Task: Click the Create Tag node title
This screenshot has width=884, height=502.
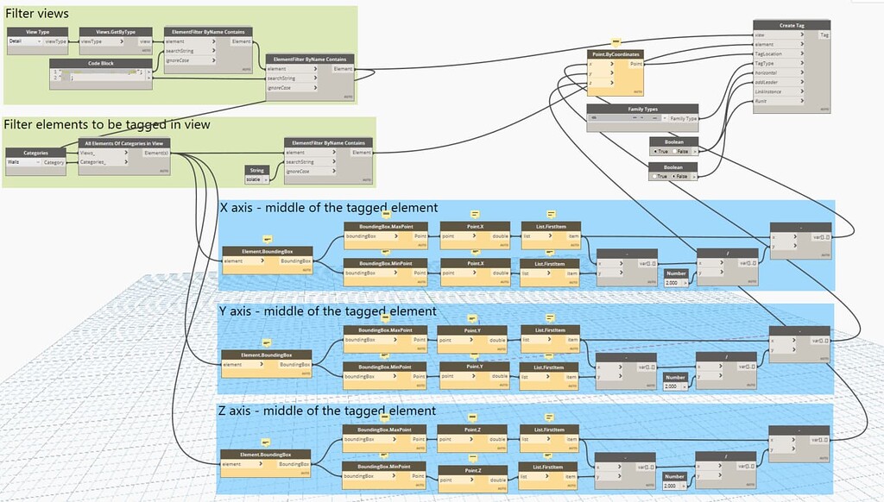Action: coord(786,25)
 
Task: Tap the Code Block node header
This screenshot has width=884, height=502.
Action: coord(100,63)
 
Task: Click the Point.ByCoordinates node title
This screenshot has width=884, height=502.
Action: coord(616,54)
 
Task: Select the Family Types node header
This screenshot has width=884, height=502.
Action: coord(642,109)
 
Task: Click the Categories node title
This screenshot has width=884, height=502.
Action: coord(35,152)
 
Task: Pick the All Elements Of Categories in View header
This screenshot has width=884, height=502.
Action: coord(124,142)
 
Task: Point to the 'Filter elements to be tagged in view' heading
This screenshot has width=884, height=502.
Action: coord(107,125)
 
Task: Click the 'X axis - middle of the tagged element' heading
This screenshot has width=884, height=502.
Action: coord(329,208)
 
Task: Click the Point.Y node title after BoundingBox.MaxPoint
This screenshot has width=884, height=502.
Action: coord(473,329)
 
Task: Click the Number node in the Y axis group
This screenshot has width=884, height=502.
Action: coord(676,377)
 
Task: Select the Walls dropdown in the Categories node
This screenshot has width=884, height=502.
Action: coord(22,161)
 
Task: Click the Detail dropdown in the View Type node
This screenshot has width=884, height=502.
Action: coord(24,41)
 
